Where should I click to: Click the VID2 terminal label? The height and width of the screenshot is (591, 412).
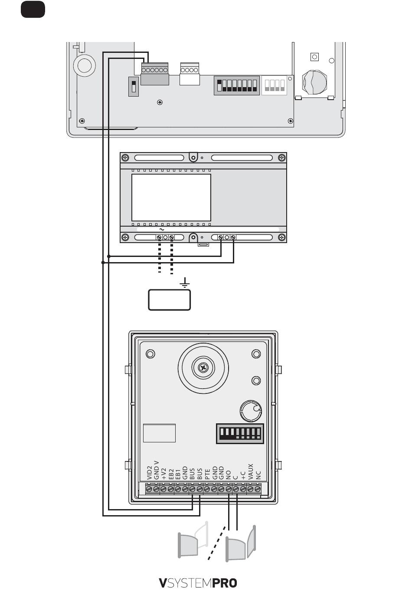click(150, 473)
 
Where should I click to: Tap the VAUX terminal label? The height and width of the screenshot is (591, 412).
click(251, 471)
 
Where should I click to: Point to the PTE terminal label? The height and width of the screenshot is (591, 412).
click(207, 474)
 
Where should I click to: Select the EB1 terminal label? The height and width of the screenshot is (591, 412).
click(178, 474)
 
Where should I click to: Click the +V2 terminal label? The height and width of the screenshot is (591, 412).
click(164, 474)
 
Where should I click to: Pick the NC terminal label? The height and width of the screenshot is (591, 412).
click(258, 475)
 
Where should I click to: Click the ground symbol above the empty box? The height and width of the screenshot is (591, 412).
click(185, 283)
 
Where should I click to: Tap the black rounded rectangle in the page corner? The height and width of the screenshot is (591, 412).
click(33, 9)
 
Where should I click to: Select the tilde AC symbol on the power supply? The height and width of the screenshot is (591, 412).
click(162, 230)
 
